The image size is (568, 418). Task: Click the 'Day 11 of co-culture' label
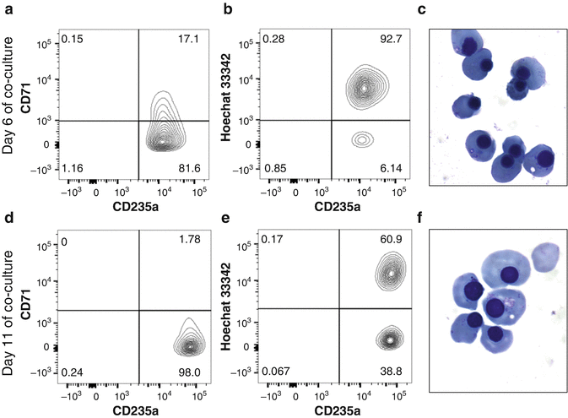[11, 315]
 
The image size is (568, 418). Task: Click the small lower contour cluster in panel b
[363, 138]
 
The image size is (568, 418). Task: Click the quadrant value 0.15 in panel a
[73, 40]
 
